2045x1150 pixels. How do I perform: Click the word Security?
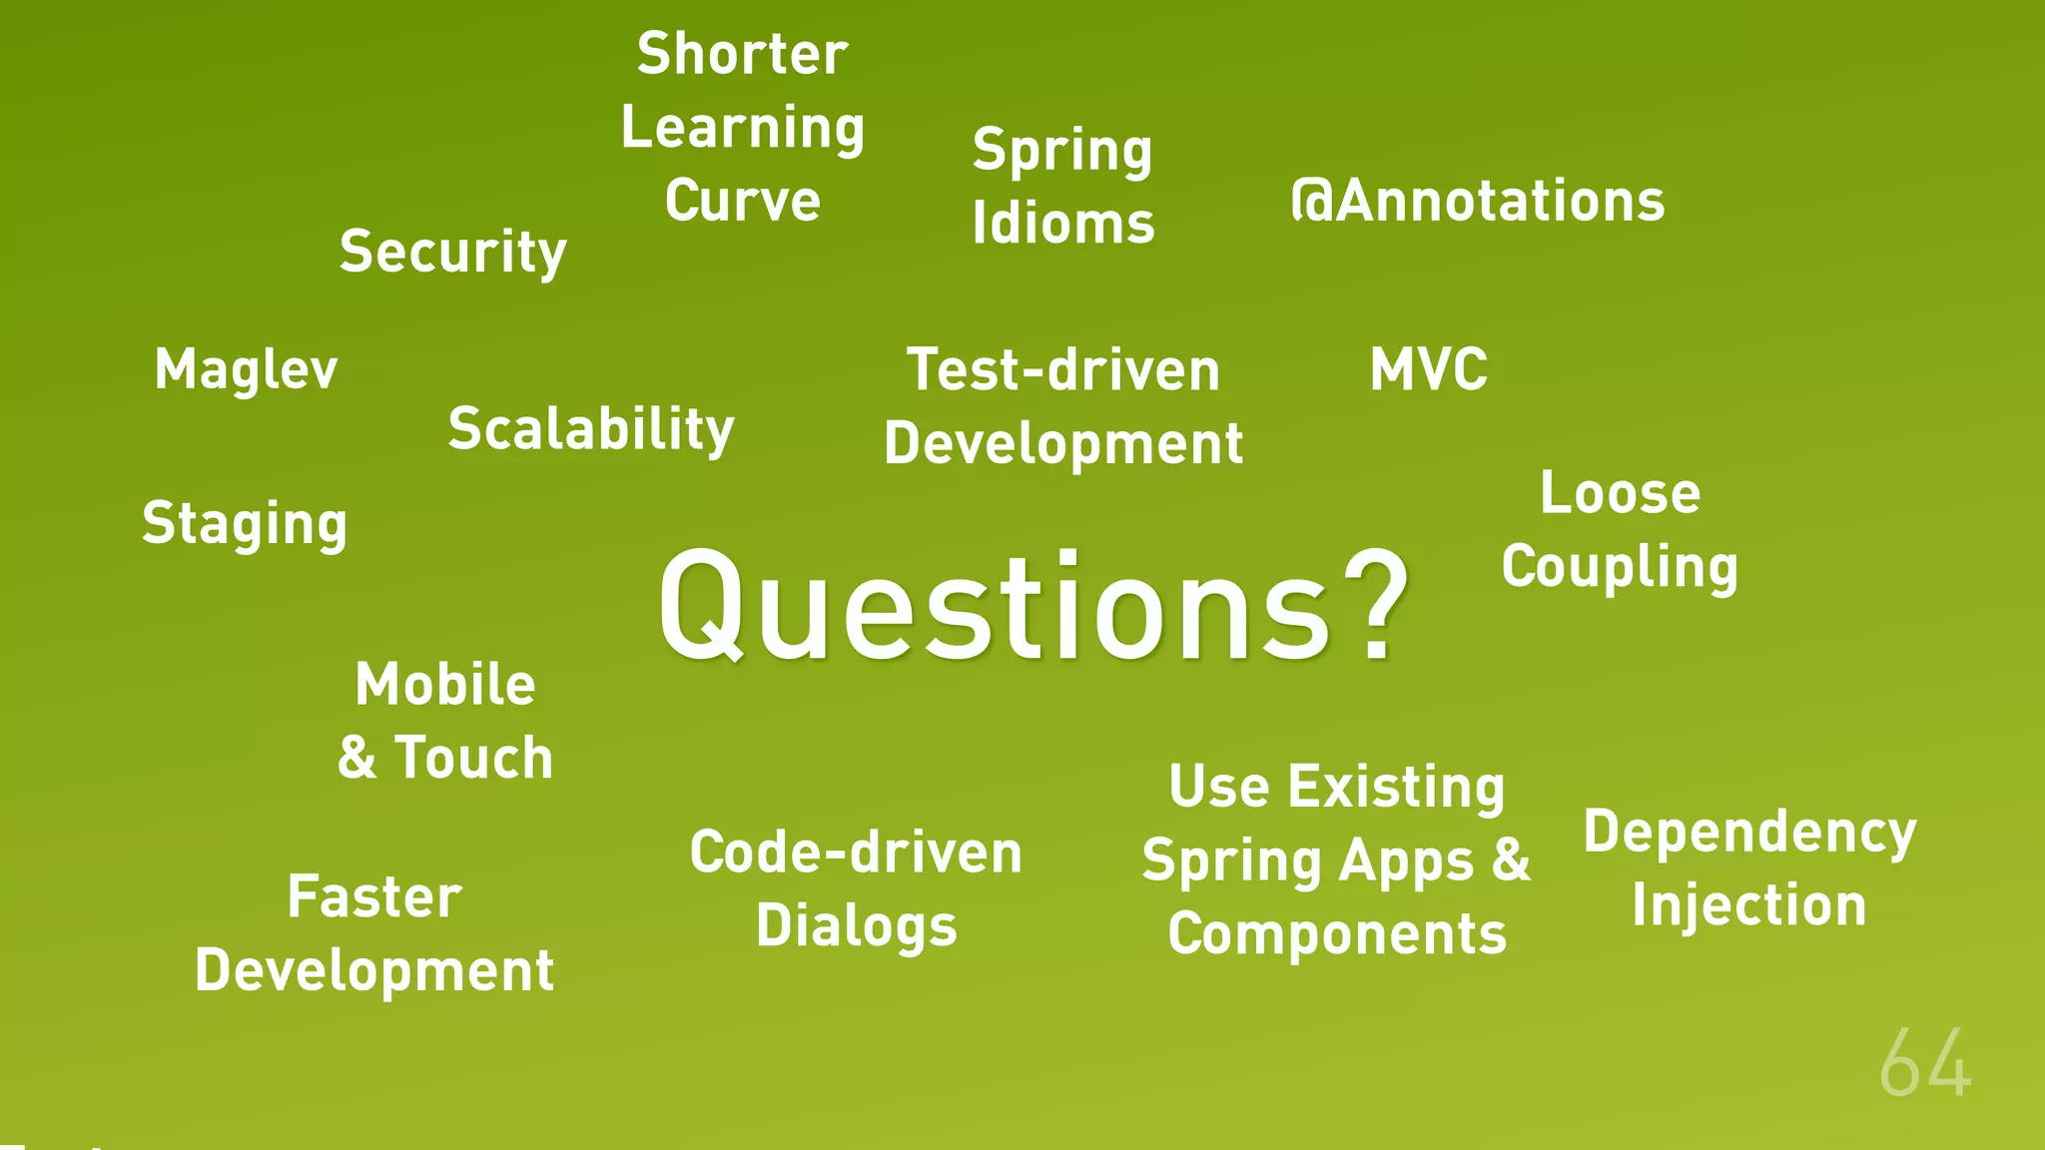point(452,252)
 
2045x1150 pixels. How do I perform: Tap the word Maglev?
point(246,369)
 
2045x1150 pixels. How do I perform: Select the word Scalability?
point(591,429)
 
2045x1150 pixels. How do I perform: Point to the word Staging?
point(245,524)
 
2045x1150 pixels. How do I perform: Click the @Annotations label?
point(1478,201)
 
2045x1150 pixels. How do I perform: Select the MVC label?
point(1428,369)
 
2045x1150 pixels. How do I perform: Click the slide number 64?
point(1924,1065)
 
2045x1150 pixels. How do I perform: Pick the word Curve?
point(742,201)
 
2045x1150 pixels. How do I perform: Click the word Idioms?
point(1063,223)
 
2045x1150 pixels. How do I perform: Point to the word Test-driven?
point(1063,370)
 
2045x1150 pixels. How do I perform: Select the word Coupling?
point(1620,567)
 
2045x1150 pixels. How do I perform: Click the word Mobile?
point(445,685)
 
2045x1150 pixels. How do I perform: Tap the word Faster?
point(374,896)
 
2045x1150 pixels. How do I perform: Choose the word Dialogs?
point(857,926)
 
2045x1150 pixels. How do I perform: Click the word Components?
point(1337,934)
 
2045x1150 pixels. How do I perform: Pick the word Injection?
point(1749,905)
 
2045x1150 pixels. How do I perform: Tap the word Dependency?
point(1749,832)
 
